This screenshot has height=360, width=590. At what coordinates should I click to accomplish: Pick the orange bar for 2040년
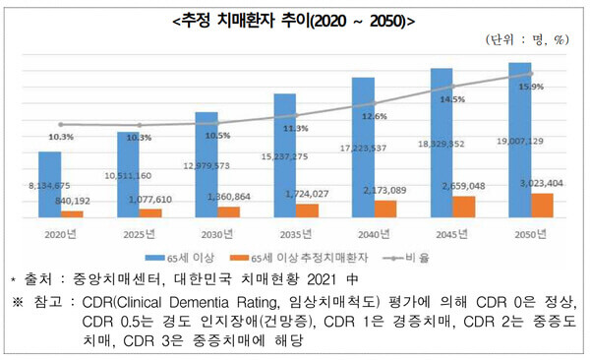(x=385, y=208)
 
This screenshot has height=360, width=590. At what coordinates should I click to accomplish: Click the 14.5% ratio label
(x=453, y=100)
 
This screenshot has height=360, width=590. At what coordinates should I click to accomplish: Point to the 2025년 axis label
(x=140, y=233)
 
